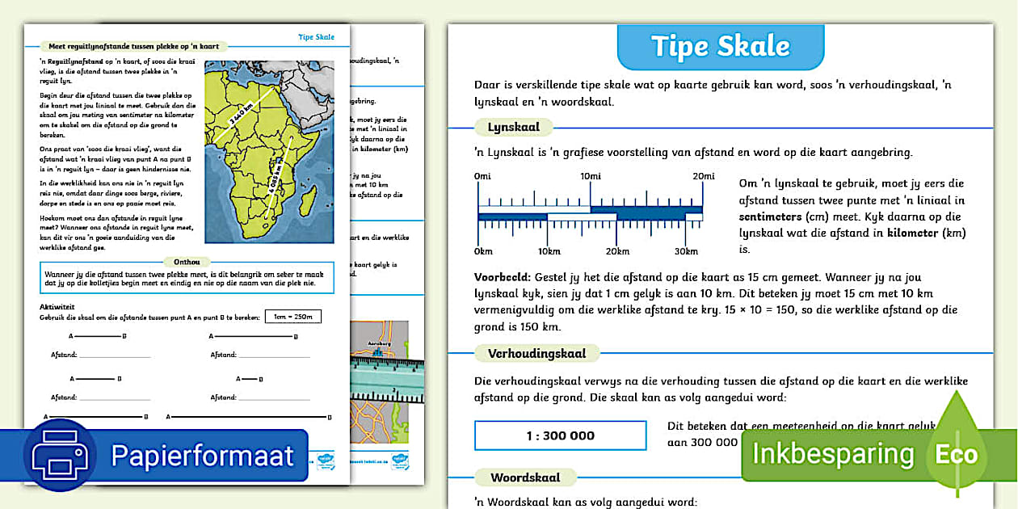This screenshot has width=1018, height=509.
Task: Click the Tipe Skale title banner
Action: point(720,46)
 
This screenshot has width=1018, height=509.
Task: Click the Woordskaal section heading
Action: point(520,477)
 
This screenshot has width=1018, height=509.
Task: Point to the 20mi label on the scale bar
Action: point(702,177)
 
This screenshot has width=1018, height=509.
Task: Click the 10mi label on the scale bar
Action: point(590,177)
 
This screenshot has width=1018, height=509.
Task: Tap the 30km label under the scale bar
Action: point(685,250)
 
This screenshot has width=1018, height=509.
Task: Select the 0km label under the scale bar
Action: point(484,250)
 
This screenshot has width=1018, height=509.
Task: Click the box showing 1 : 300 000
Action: point(560,435)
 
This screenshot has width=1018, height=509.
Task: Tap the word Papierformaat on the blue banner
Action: point(202,456)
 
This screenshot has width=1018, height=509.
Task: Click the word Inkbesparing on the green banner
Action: point(832,453)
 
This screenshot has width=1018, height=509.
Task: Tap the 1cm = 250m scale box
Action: point(292,316)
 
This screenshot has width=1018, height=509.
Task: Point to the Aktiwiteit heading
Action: point(57,307)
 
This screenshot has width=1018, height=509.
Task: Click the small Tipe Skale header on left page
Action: point(315,37)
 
